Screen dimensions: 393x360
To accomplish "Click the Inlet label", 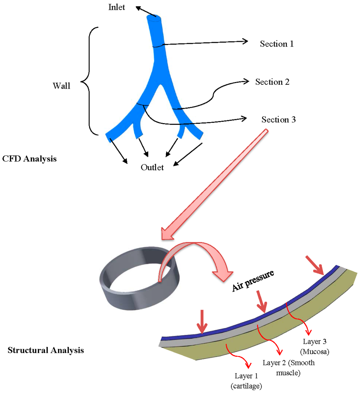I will (x=117, y=7).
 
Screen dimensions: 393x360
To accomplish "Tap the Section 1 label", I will (x=276, y=44).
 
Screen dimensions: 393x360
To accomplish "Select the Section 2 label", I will (x=272, y=82).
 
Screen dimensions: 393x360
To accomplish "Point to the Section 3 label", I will (x=278, y=120).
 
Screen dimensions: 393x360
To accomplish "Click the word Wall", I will (x=61, y=85).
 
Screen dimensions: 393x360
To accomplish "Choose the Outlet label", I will (x=152, y=167).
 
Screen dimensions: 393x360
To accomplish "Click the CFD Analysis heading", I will (x=29, y=159).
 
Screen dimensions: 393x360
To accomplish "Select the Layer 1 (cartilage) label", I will (x=246, y=381).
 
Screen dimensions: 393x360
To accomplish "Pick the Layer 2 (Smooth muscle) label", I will (x=289, y=368).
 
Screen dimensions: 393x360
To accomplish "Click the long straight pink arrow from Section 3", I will (x=214, y=183).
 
